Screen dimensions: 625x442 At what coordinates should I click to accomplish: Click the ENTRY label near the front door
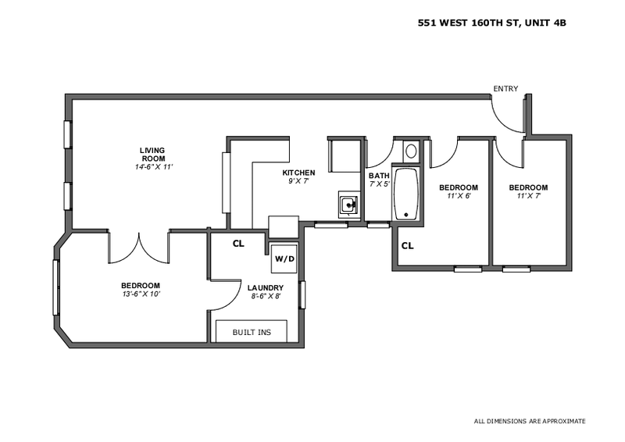[x=505, y=89]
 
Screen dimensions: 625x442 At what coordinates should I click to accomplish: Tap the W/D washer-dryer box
[x=281, y=258]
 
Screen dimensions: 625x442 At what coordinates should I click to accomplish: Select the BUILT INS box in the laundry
[x=251, y=332]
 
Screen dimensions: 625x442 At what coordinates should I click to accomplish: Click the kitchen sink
[x=348, y=205]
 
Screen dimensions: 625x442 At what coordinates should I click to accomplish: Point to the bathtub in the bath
[x=406, y=194]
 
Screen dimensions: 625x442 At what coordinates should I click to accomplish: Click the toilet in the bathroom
[x=411, y=151]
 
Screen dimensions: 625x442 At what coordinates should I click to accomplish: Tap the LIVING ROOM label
[x=152, y=154]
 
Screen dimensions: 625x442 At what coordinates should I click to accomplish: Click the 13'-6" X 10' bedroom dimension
[x=141, y=294]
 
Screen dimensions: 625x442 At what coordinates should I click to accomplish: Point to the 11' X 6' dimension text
[x=458, y=197]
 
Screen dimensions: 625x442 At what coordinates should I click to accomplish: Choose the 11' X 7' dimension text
[x=528, y=197]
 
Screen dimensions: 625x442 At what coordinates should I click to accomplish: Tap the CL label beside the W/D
[x=238, y=244]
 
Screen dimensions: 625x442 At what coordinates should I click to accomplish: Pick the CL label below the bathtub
[x=407, y=246]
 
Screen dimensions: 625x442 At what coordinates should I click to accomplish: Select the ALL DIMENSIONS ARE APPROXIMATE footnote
[x=530, y=421]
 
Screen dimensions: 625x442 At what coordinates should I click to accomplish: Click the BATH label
[x=379, y=176]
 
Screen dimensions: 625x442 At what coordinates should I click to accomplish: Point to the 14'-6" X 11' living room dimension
[x=152, y=167]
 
